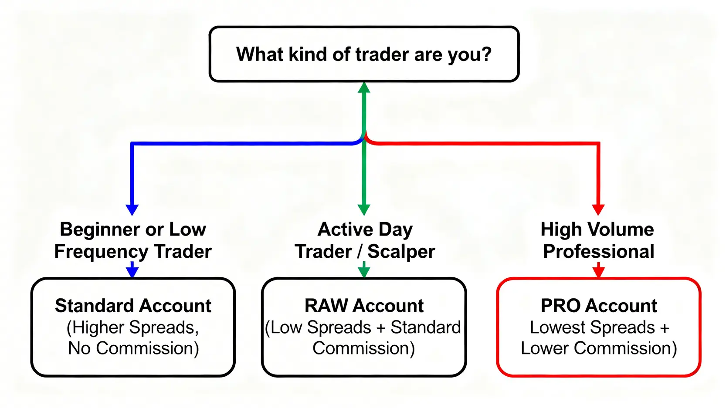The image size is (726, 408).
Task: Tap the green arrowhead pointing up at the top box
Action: pyautogui.click(x=364, y=88)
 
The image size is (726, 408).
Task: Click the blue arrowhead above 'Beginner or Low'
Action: pyautogui.click(x=132, y=210)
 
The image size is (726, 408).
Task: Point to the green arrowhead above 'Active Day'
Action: pyautogui.click(x=364, y=210)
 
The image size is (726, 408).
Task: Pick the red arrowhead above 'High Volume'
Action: pyautogui.click(x=598, y=210)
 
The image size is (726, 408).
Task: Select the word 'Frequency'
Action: pyautogui.click(x=102, y=252)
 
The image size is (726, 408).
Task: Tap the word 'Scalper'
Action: pyautogui.click(x=401, y=252)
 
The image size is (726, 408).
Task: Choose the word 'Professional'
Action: pyautogui.click(x=599, y=252)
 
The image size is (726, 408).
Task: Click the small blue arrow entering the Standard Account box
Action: pyautogui.click(x=132, y=270)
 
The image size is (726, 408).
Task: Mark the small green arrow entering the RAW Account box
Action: pyautogui.click(x=364, y=270)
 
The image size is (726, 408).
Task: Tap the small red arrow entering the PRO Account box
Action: pyautogui.click(x=599, y=270)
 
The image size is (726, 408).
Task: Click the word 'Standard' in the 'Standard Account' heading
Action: pyautogui.click(x=94, y=306)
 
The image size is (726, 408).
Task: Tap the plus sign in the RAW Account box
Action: pyautogui.click(x=381, y=328)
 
